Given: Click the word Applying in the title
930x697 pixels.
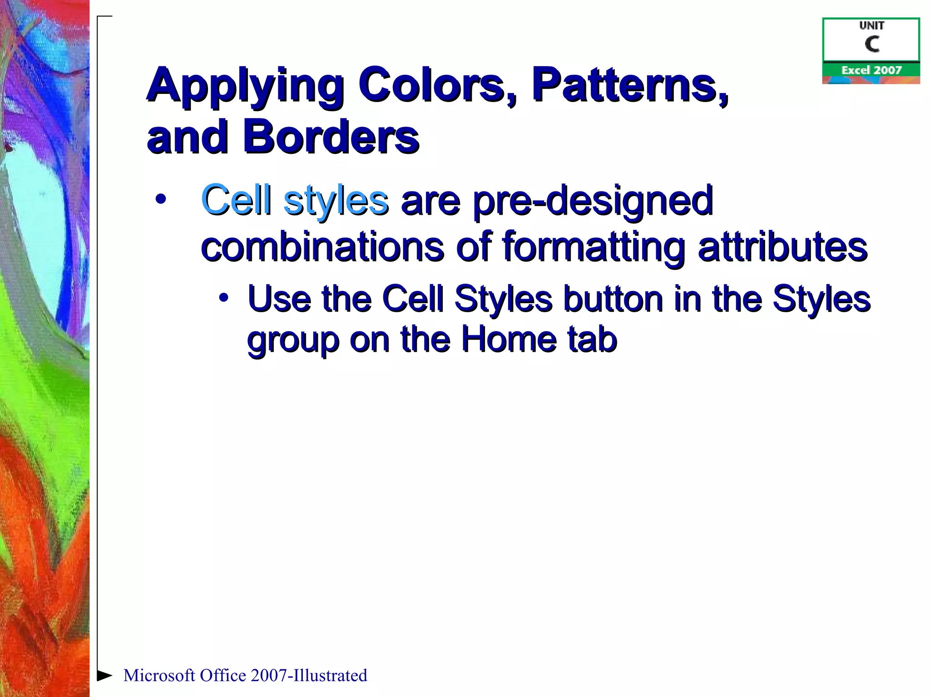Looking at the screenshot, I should (x=245, y=86).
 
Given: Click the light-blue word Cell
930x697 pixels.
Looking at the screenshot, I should (x=236, y=200).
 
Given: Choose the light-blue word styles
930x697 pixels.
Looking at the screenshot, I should (x=336, y=201).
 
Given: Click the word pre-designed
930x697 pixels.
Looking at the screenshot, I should (x=593, y=201).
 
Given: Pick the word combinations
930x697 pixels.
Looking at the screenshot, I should (x=322, y=247).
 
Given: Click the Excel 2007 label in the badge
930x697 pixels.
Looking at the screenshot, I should (x=871, y=70).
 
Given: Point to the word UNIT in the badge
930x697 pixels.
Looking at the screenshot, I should (x=871, y=26).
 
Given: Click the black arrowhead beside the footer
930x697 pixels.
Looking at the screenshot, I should (x=104, y=675).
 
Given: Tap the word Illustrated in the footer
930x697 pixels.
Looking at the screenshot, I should (x=330, y=675).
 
